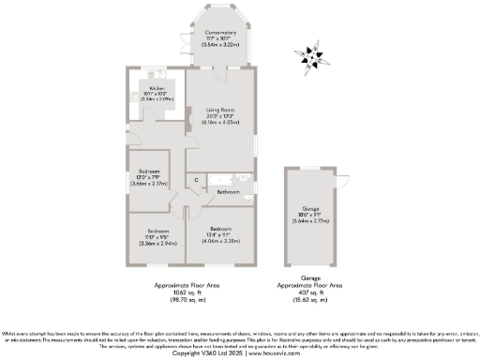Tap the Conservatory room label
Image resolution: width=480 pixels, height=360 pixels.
(x=220, y=33)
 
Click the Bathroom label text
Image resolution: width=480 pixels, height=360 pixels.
(x=228, y=191)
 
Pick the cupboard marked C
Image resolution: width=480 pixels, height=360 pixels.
(x=197, y=179)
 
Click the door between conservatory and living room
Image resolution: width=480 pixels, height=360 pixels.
(x=220, y=68)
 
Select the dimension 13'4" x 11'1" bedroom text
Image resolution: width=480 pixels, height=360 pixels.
(x=220, y=233)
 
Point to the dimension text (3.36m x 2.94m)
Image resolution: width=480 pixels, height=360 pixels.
(x=157, y=240)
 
